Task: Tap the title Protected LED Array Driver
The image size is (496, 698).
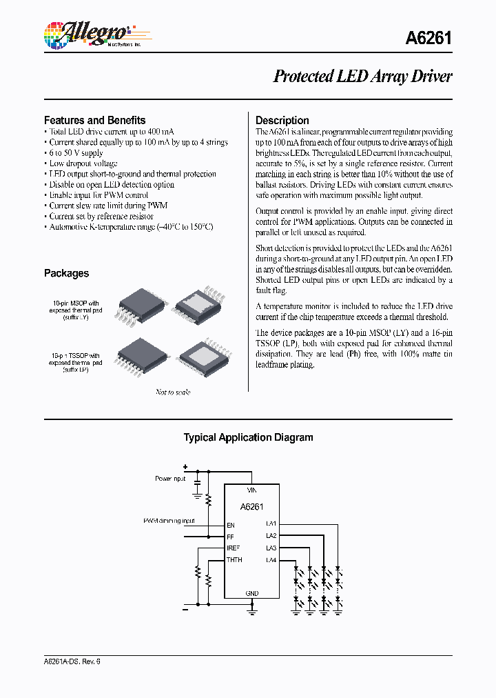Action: (x=362, y=76)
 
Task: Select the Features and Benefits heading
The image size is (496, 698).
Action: (x=94, y=120)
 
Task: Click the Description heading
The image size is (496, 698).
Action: (x=282, y=120)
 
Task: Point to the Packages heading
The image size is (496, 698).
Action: (x=66, y=273)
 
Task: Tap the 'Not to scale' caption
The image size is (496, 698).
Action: (x=172, y=392)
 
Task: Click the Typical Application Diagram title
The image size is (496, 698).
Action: (x=248, y=437)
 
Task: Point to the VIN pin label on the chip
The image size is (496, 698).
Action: (x=252, y=490)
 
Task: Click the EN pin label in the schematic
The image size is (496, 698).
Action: (x=231, y=524)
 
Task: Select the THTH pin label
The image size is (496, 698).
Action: (x=234, y=559)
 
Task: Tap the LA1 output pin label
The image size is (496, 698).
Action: (x=271, y=524)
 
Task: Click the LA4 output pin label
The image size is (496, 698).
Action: (x=271, y=559)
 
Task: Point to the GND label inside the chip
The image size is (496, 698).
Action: (x=252, y=593)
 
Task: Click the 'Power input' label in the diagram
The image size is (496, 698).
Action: (x=170, y=478)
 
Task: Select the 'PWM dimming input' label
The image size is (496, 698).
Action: (x=169, y=521)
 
